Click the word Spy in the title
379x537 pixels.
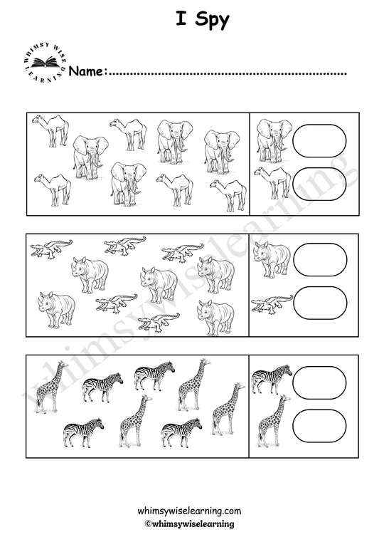(x=211, y=21)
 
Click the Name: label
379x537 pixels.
(x=88, y=71)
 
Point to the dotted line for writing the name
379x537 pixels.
(x=228, y=73)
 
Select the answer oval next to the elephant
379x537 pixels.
(x=319, y=141)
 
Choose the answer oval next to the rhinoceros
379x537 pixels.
(x=319, y=261)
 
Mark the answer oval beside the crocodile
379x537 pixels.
(x=319, y=303)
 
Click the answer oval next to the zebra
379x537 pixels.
(x=319, y=381)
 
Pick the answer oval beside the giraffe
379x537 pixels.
(x=319, y=425)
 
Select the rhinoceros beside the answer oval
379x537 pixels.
(x=273, y=259)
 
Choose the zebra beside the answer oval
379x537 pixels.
(x=272, y=378)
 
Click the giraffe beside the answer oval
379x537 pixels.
(x=272, y=423)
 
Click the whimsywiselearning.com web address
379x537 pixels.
(x=189, y=511)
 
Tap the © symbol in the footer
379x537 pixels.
(x=148, y=523)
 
